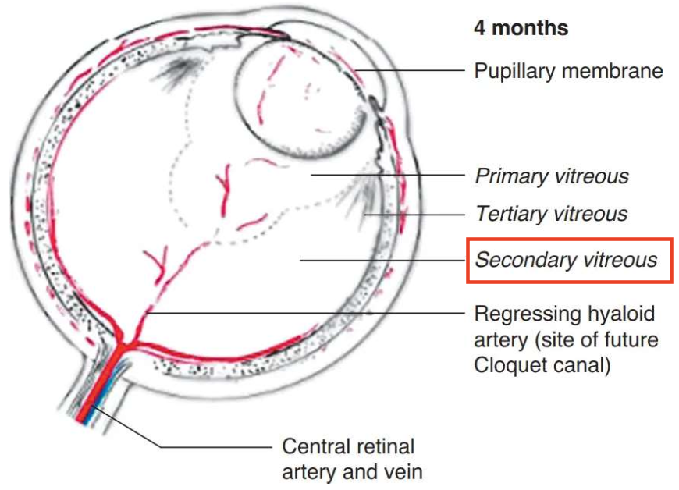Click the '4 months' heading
521,29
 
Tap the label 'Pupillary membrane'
568,71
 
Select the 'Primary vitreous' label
551,176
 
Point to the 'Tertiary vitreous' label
551,213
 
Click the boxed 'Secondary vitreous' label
567,260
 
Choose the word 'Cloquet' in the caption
511,364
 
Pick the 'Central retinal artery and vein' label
348,459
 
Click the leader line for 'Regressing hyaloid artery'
312,314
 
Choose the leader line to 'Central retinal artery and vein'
195,446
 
